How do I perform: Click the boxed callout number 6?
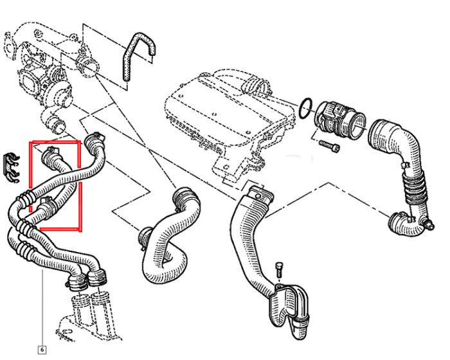point(42,350)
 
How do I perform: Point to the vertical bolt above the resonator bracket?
point(279,269)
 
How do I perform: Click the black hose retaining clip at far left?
point(10,169)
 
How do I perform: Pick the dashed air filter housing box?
point(230,121)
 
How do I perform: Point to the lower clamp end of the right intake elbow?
point(399,223)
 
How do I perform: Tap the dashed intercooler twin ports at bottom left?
point(89,316)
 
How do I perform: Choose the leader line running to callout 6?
point(42,308)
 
